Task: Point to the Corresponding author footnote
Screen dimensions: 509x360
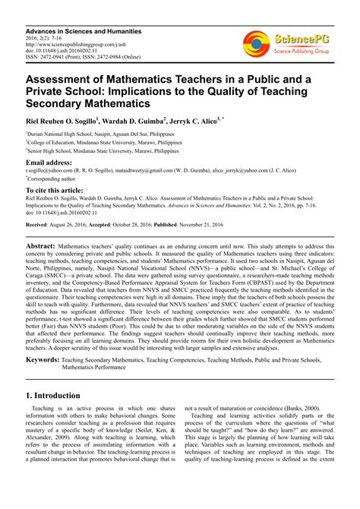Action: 58,180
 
